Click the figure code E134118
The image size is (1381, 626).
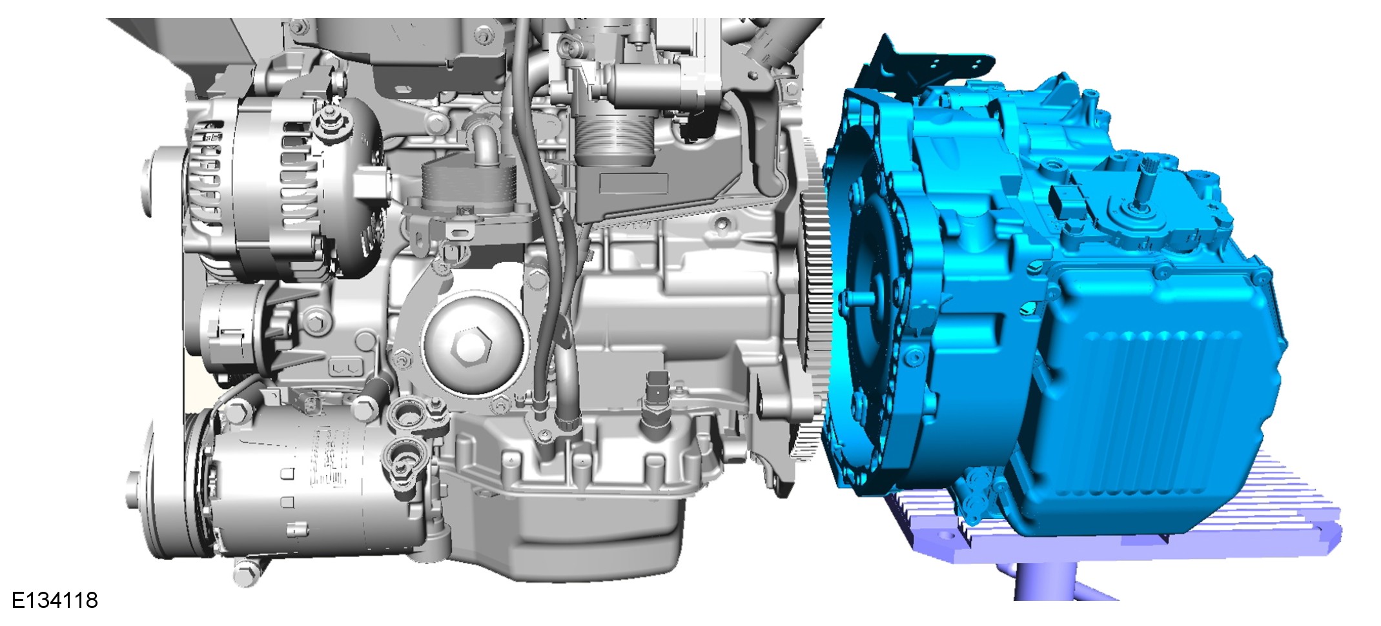point(55,600)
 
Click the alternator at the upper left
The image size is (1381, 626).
point(284,187)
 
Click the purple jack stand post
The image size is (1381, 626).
point(1039,581)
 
